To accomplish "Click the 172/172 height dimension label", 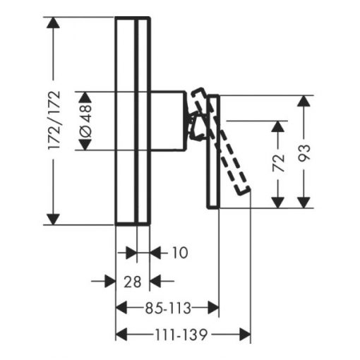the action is coord(54,120).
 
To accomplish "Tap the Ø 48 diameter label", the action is coord(85,121).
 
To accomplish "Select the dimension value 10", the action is coord(180,253).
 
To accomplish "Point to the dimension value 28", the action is coord(133,282).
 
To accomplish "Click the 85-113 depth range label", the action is coord(168,308).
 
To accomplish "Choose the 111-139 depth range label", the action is coord(181,335).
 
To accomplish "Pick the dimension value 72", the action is coord(278,163).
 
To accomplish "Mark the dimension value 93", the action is coord(304,153).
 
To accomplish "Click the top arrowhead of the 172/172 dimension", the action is coord(53,23).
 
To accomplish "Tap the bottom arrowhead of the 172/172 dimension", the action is coord(53,220).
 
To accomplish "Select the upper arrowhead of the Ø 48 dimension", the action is coord(85,97).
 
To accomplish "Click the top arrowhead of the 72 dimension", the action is coord(278,126).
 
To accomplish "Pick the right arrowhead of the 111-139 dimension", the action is coord(245,335).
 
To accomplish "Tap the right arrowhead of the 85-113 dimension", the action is coord(213,308).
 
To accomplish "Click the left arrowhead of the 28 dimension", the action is coord(110,281).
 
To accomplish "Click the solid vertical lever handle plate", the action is coord(213,152).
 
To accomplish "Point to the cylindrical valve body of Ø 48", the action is coord(169,121).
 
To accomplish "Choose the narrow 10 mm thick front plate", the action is coord(143,121).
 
